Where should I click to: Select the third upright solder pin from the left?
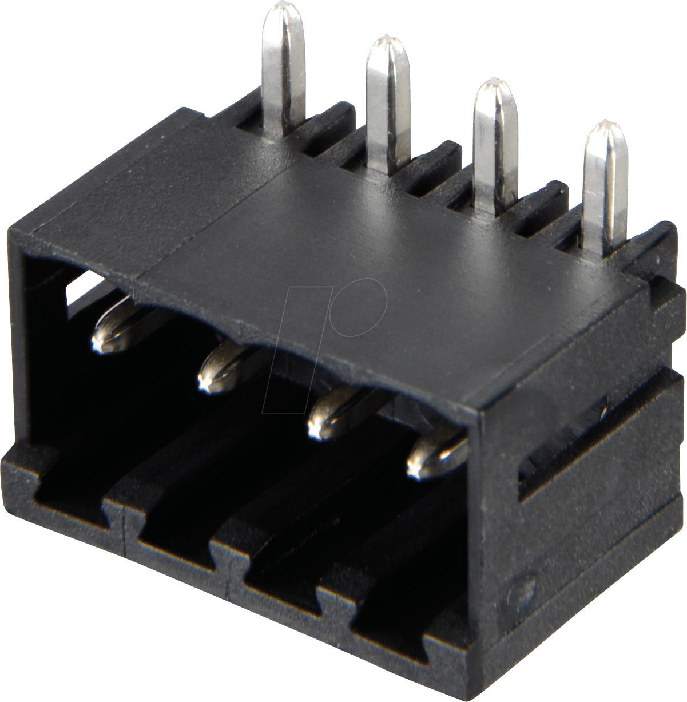point(493,143)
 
